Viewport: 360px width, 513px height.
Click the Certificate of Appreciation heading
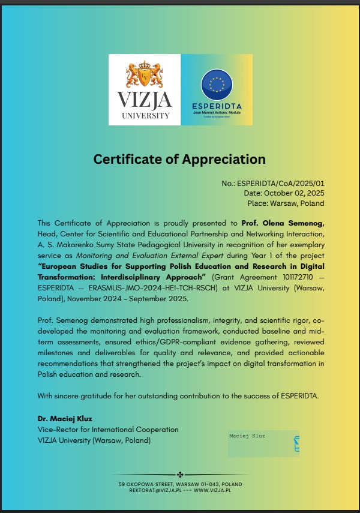coord(179,159)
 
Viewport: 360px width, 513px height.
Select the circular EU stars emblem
coord(217,85)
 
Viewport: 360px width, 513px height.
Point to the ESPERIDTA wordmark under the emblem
coord(217,106)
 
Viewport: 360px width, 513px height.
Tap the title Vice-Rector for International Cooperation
coord(108,430)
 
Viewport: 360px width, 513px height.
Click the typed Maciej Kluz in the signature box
coord(247,436)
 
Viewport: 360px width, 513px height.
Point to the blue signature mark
coord(295,444)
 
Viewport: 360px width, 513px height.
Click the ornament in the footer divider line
coord(180,474)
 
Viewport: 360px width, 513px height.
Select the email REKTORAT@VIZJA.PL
coord(152,490)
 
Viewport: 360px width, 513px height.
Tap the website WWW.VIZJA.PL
coord(212,490)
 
